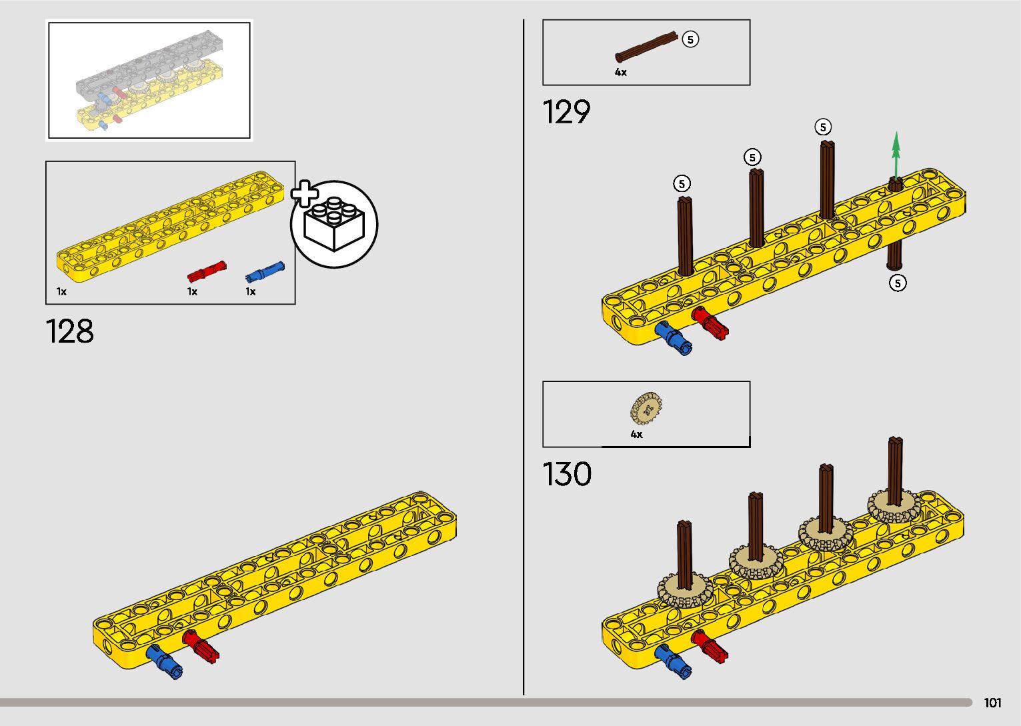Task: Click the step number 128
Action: [70, 331]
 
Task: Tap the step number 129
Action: [566, 112]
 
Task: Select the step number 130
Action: [567, 474]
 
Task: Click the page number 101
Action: [992, 703]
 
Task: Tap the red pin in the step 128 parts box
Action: [206, 272]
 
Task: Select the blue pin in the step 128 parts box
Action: [265, 271]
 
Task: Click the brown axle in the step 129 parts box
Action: [646, 47]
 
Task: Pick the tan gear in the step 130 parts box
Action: [646, 409]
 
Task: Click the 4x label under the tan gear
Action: [637, 435]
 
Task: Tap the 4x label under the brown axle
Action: [621, 73]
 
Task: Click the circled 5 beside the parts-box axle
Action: [690, 39]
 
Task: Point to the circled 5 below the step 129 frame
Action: [898, 283]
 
